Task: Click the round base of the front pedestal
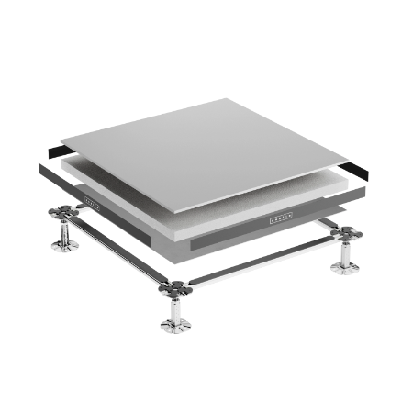[173, 327]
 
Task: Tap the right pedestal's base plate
[345, 269]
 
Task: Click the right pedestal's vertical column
[345, 253]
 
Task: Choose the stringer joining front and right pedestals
[262, 262]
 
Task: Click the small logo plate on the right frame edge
[280, 217]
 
